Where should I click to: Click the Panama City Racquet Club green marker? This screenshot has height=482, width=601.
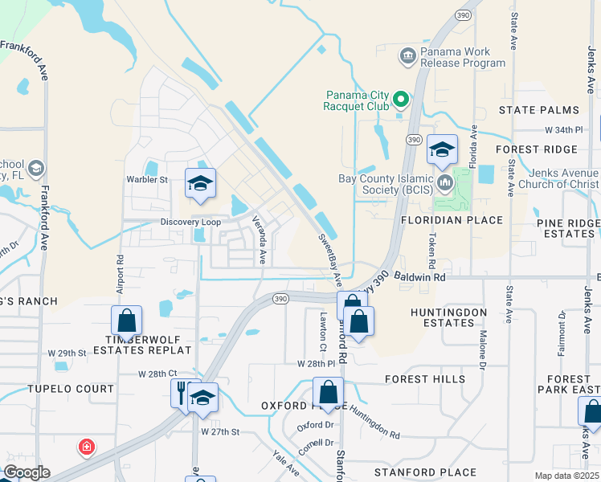pos(399,100)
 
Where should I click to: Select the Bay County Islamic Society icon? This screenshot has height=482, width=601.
pos(445,183)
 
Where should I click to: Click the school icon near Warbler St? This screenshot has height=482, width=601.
pos(200,184)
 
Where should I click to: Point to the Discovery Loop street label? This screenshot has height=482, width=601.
pos(190,222)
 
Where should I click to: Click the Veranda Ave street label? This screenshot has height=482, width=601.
pos(260,239)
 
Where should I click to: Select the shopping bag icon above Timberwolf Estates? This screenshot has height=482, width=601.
pos(127,321)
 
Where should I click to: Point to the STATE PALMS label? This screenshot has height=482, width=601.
pos(538,110)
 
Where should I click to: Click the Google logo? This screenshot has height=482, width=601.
pos(26,472)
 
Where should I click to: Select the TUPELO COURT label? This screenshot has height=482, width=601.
pos(71,389)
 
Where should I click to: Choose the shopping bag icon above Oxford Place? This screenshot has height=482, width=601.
pos(328,393)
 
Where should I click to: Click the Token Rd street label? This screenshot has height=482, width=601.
pos(431,251)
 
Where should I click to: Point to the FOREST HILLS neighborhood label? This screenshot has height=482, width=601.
pos(424,379)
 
